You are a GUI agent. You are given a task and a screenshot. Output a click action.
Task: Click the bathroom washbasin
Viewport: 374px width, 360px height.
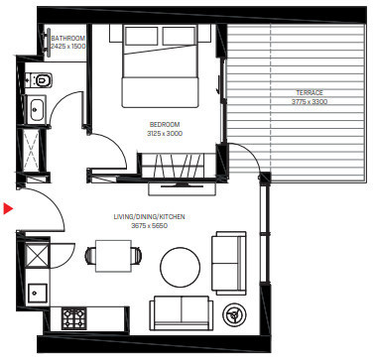37,110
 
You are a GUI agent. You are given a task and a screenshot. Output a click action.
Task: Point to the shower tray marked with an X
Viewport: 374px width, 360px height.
37,151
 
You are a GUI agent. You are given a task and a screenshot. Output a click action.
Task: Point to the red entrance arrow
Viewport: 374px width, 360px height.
8,208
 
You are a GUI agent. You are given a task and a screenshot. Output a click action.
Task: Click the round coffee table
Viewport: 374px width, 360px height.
182,264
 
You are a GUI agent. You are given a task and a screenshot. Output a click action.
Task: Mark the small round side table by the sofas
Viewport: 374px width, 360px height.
236,314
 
